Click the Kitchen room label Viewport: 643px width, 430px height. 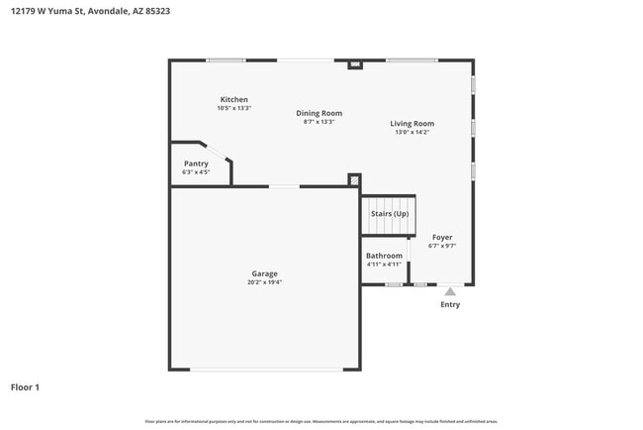click(233, 99)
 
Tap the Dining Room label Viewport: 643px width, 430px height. click(319, 113)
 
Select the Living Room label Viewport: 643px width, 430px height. click(413, 124)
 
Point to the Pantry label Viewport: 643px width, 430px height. click(196, 163)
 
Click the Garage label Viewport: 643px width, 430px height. click(264, 273)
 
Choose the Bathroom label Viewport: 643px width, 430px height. click(384, 256)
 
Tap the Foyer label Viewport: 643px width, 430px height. click(442, 238)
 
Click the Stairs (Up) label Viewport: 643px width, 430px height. click(389, 214)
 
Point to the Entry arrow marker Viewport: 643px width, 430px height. click(450, 291)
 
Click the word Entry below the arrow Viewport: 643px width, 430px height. click(450, 305)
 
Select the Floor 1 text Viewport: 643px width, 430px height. click(25, 387)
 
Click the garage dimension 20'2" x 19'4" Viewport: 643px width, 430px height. click(264, 282)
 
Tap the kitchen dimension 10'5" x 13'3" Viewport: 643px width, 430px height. click(233, 108)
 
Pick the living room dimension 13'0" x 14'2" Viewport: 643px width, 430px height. click(413, 133)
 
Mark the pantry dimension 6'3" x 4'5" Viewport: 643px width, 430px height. click(196, 172)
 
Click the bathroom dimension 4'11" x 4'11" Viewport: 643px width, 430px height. click(384, 265)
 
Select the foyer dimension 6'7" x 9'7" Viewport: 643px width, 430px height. click(442, 247)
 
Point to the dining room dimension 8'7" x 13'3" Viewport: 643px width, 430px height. click(319, 122)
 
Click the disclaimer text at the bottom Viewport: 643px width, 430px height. click(321, 421)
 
